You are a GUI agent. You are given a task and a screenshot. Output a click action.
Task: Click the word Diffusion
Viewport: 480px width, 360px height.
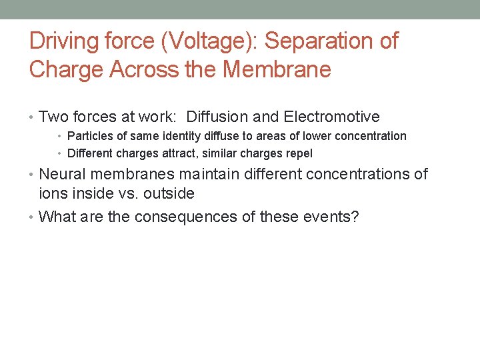click(x=215, y=117)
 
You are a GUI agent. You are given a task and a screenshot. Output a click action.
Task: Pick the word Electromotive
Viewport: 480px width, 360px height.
click(x=331, y=117)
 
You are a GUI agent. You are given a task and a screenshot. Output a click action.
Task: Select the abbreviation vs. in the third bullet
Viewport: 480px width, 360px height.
click(x=126, y=194)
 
